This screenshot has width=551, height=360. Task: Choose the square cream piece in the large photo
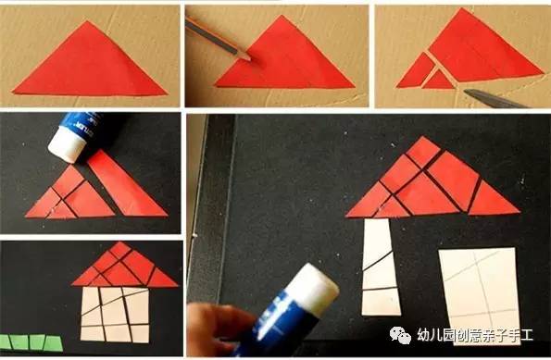coord(477,292)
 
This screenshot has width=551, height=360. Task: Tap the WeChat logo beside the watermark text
coord(408,333)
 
